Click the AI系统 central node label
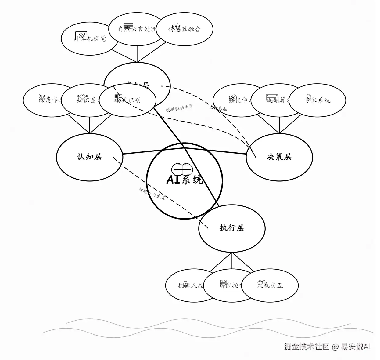point(185,180)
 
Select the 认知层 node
point(89,157)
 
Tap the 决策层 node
point(279,157)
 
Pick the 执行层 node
point(232,228)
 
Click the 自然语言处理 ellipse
point(137,29)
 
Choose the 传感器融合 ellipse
point(185,29)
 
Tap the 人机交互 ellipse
point(270,285)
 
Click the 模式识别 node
point(128,100)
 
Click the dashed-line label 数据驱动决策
point(179,108)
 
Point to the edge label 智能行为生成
point(152,194)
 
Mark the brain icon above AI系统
point(182,169)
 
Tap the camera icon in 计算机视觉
point(81,36)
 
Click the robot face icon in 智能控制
point(223,282)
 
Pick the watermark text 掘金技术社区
point(307,347)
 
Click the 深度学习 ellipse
point(46,100)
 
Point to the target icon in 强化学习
point(233,97)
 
